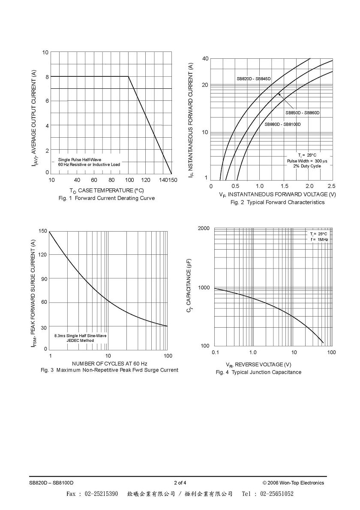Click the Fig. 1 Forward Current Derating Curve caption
point(107,198)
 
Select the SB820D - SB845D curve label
point(254,79)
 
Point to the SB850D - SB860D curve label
point(303,112)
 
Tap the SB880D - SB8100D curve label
point(283,124)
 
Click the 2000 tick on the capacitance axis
point(204,228)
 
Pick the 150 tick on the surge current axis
point(43,231)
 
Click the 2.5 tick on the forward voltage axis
point(332,186)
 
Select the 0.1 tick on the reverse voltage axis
point(215,352)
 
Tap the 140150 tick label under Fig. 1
point(168,180)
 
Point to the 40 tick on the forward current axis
point(205,58)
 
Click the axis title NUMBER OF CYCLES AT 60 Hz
point(109,363)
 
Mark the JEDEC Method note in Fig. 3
point(80,341)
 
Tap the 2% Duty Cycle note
point(307,166)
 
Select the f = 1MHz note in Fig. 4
point(319,239)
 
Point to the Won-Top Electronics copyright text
point(293,483)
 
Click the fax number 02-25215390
point(102,494)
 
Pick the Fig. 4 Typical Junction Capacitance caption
point(258,372)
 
